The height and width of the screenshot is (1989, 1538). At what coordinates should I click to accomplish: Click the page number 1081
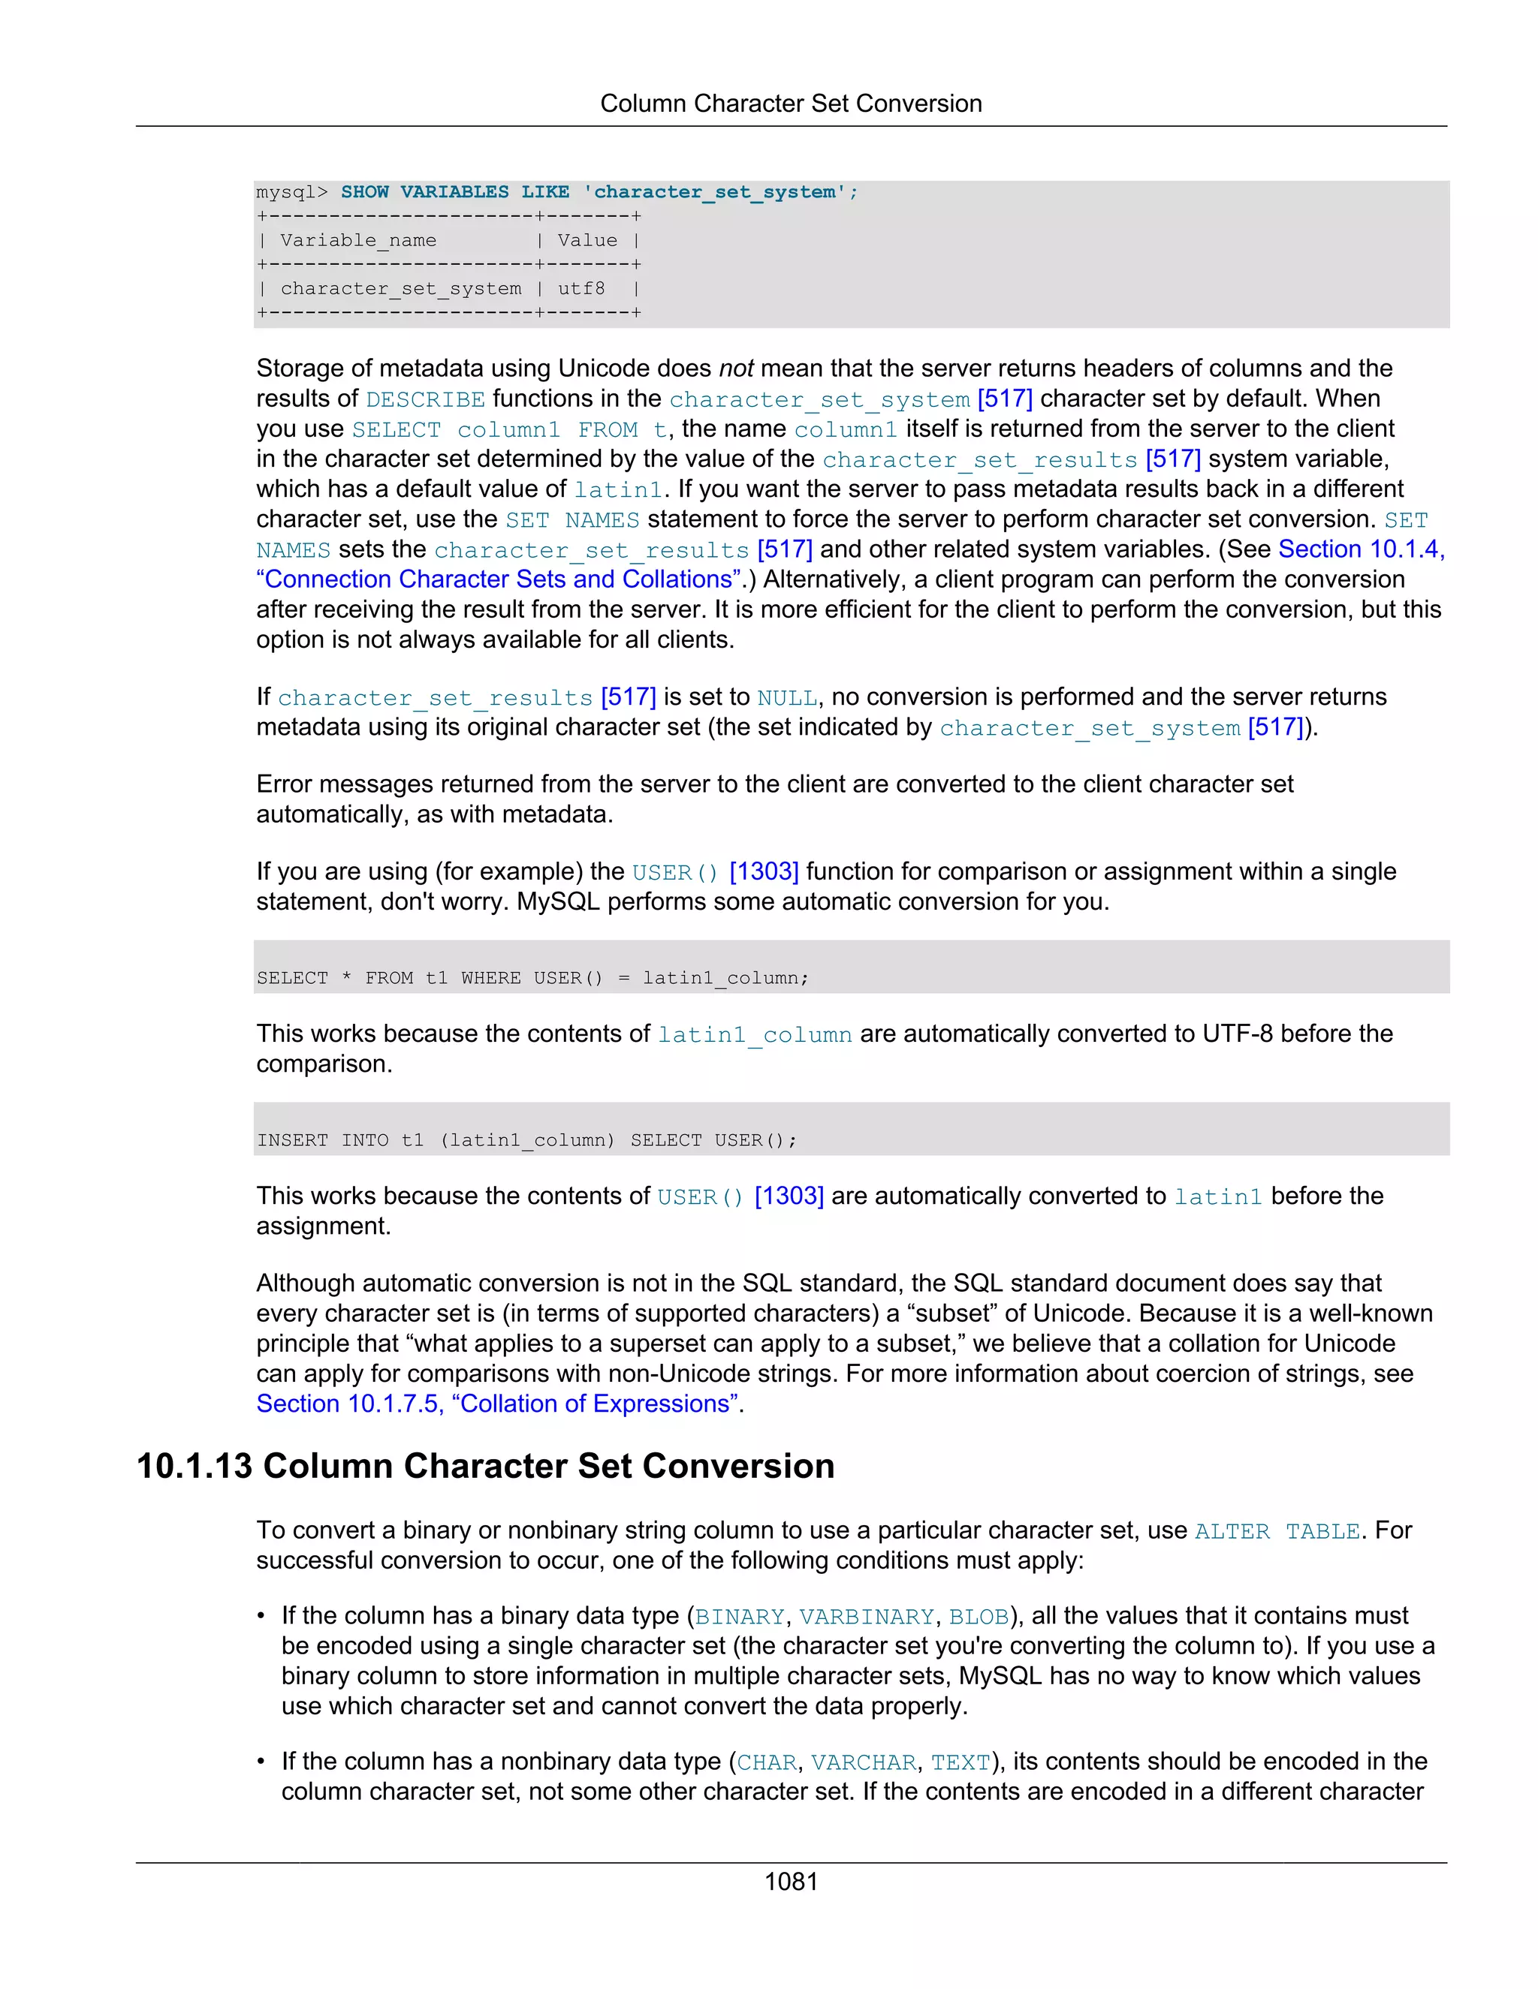tap(790, 1882)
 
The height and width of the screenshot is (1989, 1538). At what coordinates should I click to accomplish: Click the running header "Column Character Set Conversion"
tap(790, 104)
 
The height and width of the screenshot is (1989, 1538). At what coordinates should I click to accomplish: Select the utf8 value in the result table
tap(581, 289)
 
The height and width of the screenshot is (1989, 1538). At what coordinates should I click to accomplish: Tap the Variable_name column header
tap(358, 240)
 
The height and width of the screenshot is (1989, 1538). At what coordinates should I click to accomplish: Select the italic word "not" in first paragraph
tap(736, 368)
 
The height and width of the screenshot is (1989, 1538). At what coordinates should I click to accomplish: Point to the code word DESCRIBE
tap(426, 400)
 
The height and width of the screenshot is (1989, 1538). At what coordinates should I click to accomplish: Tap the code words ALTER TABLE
tap(1277, 1532)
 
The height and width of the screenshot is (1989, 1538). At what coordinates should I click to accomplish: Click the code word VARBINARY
tap(867, 1617)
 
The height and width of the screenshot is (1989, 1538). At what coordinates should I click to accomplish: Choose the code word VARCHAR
tap(863, 1763)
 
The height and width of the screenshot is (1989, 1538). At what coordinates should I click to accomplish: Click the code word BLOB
tap(979, 1617)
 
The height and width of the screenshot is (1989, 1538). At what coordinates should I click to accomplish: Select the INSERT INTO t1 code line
tap(526, 1140)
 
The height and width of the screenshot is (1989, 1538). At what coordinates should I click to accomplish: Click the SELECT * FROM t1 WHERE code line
tap(532, 978)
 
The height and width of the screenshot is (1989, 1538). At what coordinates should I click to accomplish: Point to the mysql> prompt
tap(291, 192)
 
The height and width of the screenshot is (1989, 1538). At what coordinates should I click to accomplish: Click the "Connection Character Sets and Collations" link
tap(499, 579)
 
